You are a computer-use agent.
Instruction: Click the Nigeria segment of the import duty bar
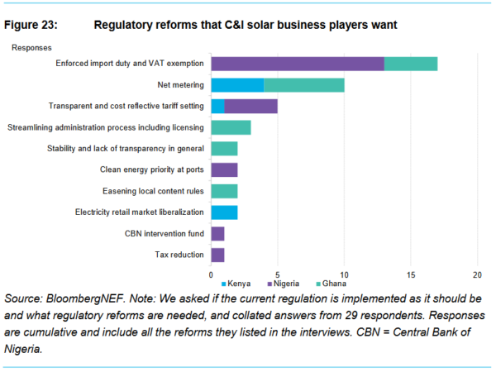pos(298,64)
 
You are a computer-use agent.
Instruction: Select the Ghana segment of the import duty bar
pos(411,64)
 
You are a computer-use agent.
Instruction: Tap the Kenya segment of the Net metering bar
pos(237,85)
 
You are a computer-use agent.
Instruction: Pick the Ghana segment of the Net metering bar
pos(304,85)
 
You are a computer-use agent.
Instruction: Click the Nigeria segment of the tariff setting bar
pos(250,106)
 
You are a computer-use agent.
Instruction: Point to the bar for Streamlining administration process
pos(231,127)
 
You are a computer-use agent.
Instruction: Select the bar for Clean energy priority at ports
pos(224,169)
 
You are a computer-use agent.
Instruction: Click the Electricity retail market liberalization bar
pos(224,212)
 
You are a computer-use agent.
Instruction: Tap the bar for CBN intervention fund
pos(217,234)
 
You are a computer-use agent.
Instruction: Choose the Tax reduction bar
pos(217,255)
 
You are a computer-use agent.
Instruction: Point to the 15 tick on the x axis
pos(411,274)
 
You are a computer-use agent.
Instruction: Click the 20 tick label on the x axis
pos(477,274)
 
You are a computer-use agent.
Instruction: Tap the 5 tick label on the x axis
pos(278,274)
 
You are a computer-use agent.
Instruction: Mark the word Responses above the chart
pos(31,48)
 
